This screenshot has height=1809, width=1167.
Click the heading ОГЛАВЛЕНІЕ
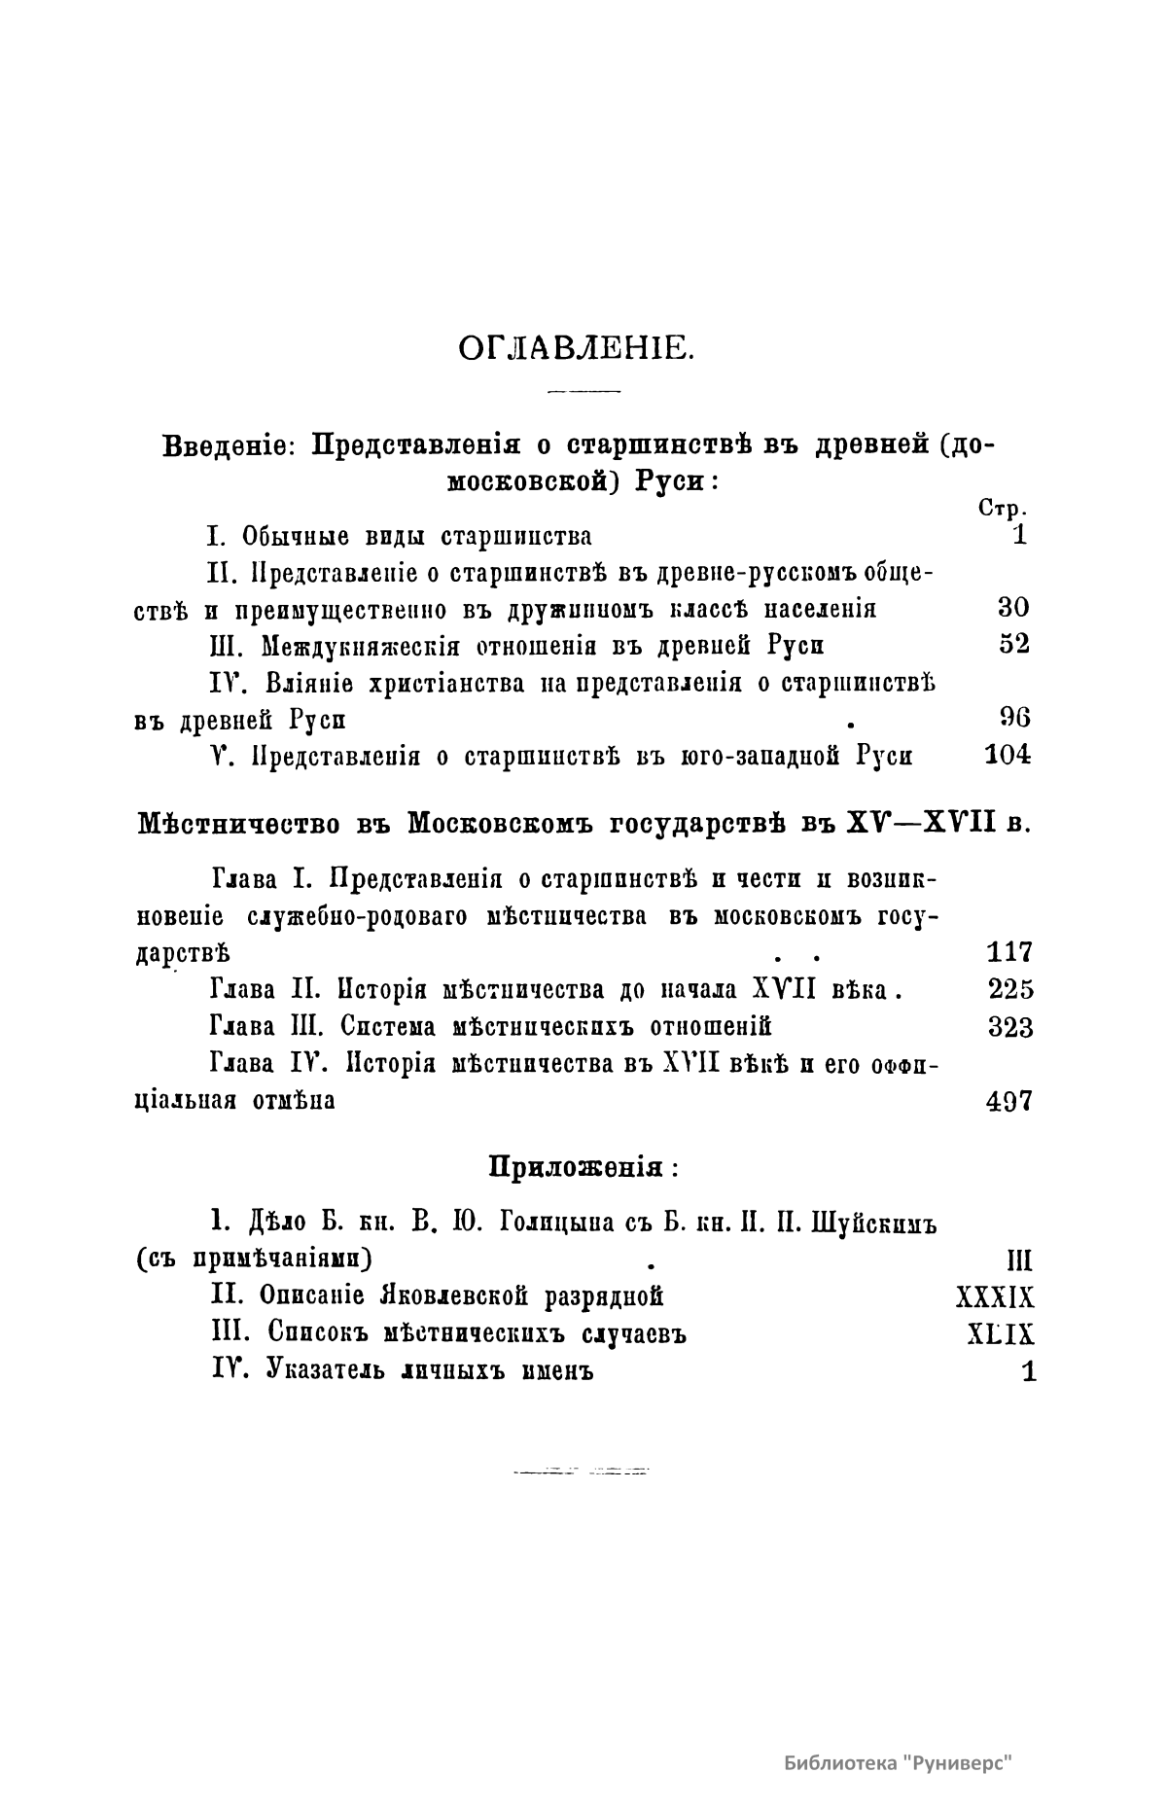(x=576, y=347)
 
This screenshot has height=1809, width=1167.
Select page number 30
(x=1013, y=608)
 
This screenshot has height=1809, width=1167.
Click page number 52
(x=1013, y=645)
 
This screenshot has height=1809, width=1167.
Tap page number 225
(x=1010, y=989)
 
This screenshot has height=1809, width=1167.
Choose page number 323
(x=1010, y=1026)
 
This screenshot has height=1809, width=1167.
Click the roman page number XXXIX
(x=995, y=1297)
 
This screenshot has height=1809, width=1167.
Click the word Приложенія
(x=576, y=1166)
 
